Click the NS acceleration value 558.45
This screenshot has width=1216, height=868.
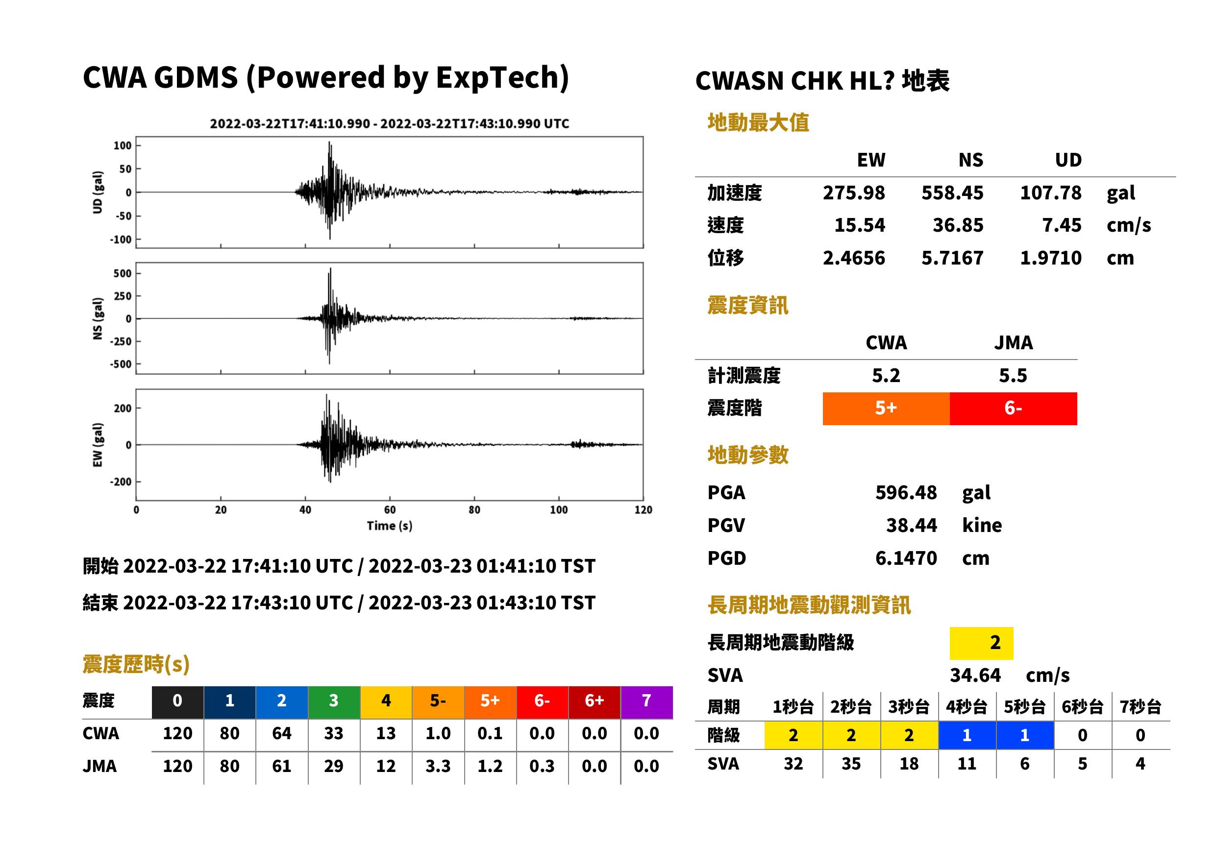(x=952, y=193)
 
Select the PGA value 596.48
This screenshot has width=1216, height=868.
(x=906, y=492)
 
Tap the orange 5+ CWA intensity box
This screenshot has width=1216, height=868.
(x=886, y=409)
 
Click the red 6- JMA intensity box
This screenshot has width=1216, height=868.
(x=1014, y=409)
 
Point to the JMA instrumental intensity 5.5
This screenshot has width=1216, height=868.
(x=1013, y=375)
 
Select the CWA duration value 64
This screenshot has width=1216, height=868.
(x=282, y=733)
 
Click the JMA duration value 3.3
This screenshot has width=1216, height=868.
(x=438, y=766)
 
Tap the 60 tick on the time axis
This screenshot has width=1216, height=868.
(x=390, y=510)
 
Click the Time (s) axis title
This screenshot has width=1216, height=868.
(x=389, y=526)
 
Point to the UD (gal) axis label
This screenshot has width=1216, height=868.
(x=98, y=193)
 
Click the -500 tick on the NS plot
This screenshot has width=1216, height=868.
(x=120, y=364)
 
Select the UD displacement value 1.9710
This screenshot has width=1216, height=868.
(x=1051, y=258)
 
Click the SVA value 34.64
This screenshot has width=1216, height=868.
(x=975, y=675)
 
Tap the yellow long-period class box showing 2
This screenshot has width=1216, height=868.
(x=981, y=643)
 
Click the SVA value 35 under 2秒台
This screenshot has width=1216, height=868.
(x=851, y=764)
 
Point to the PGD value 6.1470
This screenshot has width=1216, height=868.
(x=906, y=558)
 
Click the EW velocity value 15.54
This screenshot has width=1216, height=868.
(x=859, y=225)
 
